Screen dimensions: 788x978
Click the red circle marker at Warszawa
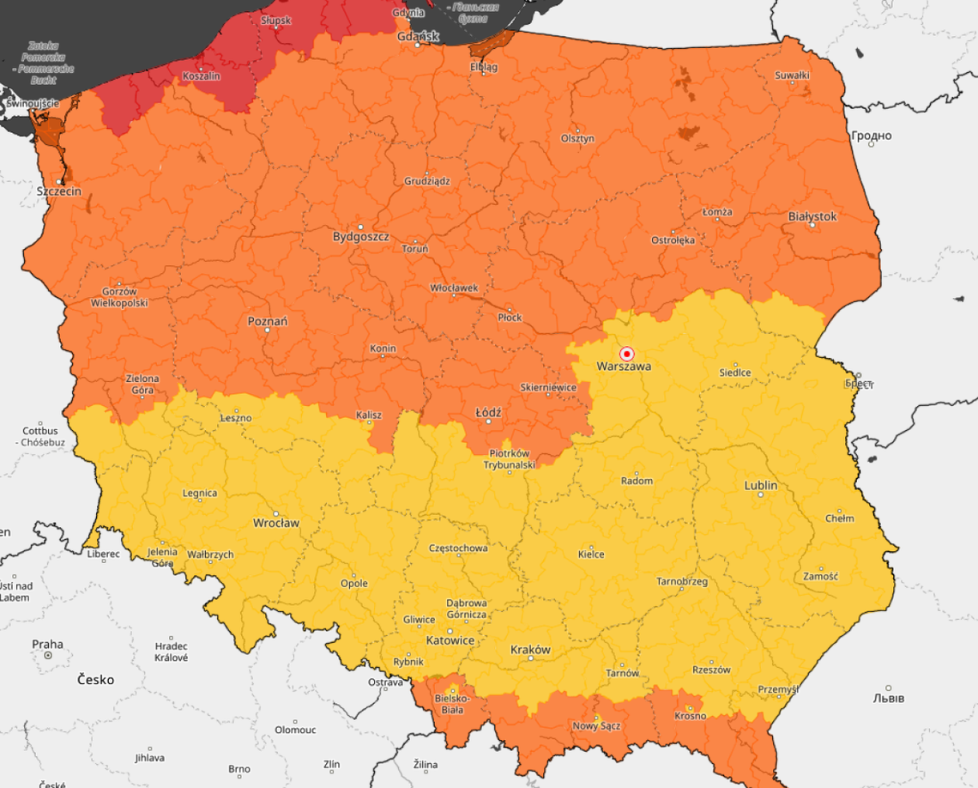pos(626,354)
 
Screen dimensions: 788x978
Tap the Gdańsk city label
pos(419,37)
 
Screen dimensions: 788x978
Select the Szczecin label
pos(59,191)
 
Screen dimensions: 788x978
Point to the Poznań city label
pos(267,321)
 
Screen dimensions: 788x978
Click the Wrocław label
pos(275,523)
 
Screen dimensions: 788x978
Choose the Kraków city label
pos(530,650)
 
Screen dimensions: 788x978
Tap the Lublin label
pos(760,485)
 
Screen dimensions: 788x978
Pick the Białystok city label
pos(812,216)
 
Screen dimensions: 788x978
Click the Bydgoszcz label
pos(360,235)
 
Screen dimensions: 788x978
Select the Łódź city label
pos(487,412)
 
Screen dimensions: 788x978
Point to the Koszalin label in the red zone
pos(202,76)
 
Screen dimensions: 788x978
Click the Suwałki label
pos(792,76)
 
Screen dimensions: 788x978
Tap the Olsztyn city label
pos(577,138)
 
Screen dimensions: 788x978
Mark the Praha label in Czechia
pos(47,644)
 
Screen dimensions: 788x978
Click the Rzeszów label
pos(711,670)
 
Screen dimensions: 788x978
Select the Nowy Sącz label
pos(596,726)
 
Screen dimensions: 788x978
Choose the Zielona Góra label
pos(142,385)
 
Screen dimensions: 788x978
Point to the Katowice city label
pos(450,640)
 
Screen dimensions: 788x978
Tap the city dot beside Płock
pos(509,309)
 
